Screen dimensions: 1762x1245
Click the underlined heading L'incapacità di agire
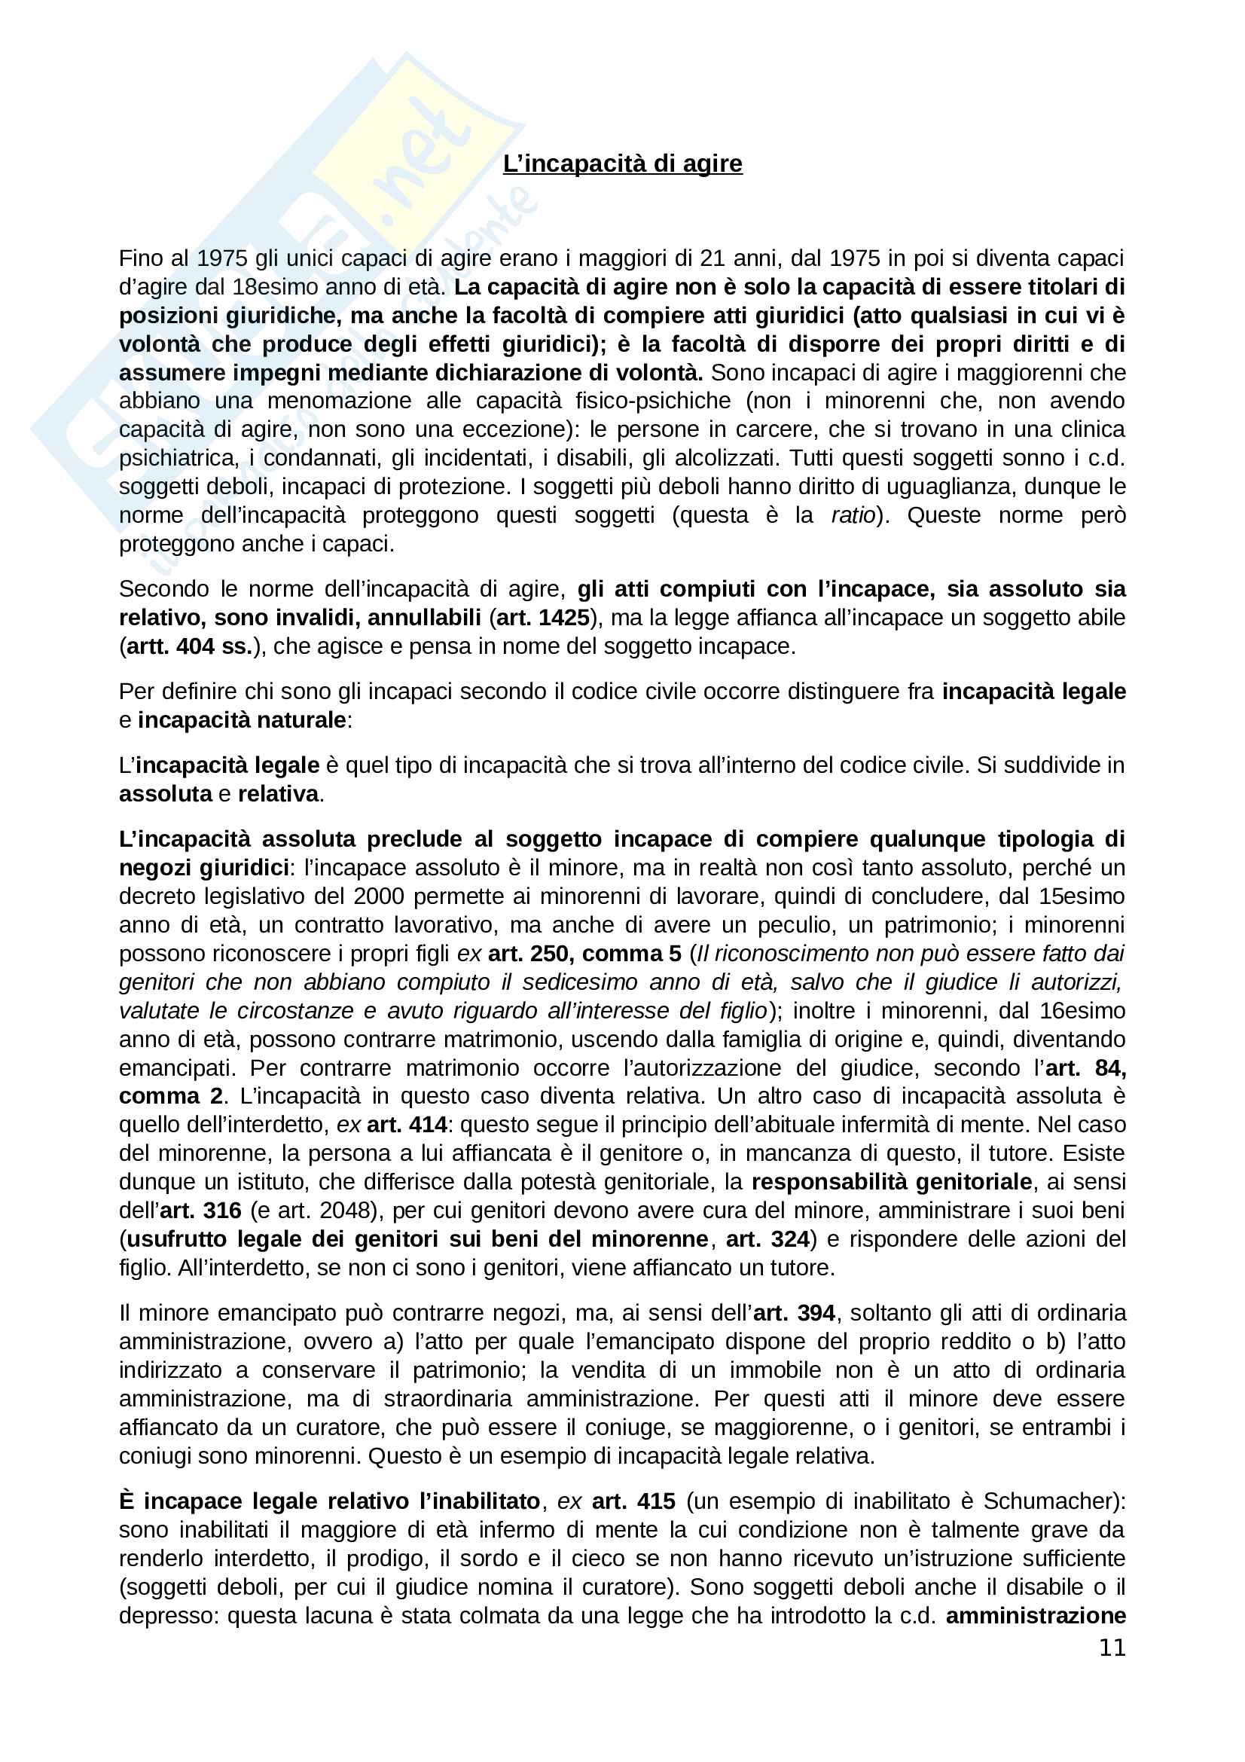[622, 163]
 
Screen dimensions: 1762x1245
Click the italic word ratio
[853, 515]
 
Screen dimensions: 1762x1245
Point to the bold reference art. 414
[407, 1124]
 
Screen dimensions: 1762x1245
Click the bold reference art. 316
[200, 1211]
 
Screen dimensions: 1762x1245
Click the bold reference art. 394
[793, 1313]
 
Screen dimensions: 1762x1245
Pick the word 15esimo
[1082, 896]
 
